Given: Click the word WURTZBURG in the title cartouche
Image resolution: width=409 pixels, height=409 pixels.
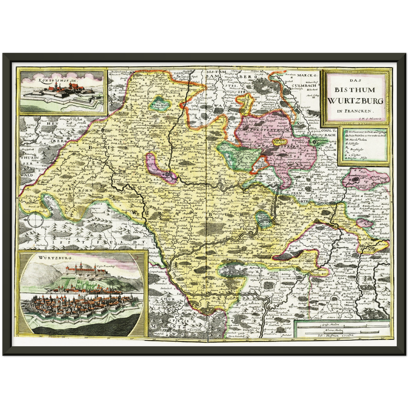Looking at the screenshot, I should coord(356,100).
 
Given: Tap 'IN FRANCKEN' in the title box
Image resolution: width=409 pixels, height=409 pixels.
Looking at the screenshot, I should coord(356,111).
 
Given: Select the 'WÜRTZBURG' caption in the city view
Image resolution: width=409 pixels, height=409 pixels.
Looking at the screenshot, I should coord(52,258).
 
